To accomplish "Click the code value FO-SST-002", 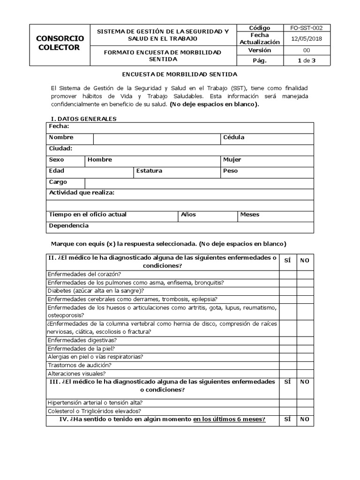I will click(x=307, y=28).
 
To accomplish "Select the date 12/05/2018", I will click(x=307, y=38).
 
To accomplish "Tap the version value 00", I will click(x=307, y=50).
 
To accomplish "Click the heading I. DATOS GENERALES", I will click(x=83, y=119).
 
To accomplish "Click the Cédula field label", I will click(x=233, y=137).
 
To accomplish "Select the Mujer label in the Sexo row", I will click(x=232, y=159).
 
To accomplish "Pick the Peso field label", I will click(x=230, y=171).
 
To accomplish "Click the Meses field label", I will click(x=250, y=215).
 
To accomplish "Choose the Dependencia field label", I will click(x=68, y=226).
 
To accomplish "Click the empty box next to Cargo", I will click(x=199, y=182).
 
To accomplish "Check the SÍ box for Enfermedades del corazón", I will click(x=287, y=274).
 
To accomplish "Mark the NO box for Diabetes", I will click(x=305, y=291).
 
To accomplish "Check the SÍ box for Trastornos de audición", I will click(x=287, y=365).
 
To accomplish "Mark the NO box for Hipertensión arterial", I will click(x=305, y=402).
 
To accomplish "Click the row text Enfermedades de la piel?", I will click(x=82, y=348).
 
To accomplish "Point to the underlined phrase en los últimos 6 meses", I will click(x=229, y=420).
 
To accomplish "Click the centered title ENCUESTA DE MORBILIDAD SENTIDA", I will click(x=180, y=75).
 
